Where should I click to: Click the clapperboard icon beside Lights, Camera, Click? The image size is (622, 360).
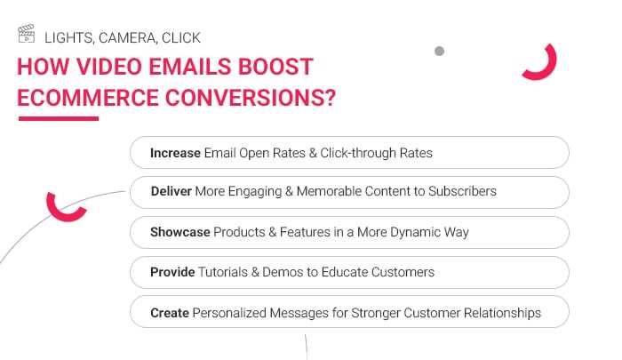[27, 36]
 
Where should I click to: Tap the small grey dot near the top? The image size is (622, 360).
[439, 52]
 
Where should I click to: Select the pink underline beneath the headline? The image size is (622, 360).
[58, 118]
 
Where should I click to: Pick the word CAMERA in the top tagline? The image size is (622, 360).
[124, 37]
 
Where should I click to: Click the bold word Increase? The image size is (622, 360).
[175, 153]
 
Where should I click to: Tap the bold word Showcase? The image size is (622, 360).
[180, 232]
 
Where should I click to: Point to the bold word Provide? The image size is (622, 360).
[172, 272]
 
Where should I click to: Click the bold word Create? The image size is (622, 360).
[169, 313]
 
